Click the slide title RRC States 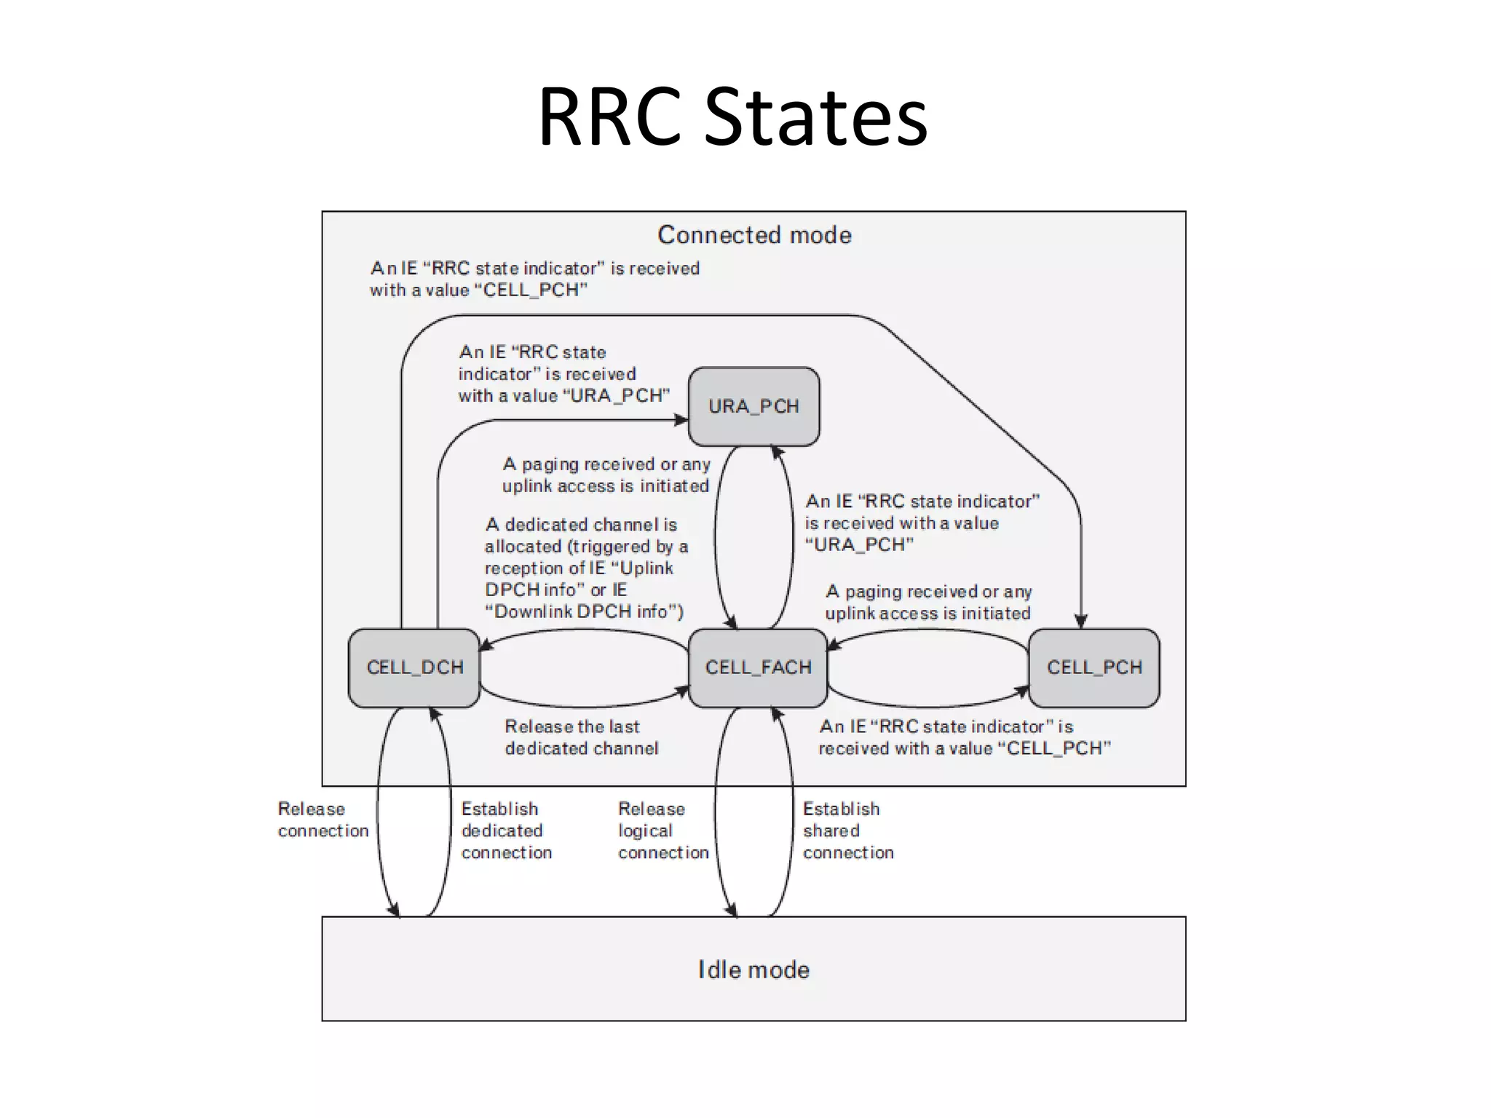[x=732, y=116]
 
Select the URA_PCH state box [x=754, y=406]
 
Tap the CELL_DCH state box [x=414, y=667]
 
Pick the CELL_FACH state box [x=758, y=667]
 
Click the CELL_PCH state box [x=1093, y=667]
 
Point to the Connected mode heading [x=754, y=235]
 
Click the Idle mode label [x=754, y=970]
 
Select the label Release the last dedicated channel [x=581, y=737]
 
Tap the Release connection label [x=323, y=820]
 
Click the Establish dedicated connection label [x=506, y=830]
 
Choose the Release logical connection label [x=663, y=830]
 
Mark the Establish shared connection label [x=847, y=830]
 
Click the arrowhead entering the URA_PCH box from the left [x=683, y=420]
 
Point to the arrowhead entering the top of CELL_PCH [x=1081, y=622]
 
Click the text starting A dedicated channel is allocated [x=585, y=568]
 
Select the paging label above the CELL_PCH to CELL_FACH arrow [x=928, y=602]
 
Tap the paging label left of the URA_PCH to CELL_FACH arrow [x=606, y=475]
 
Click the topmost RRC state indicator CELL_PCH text [x=534, y=279]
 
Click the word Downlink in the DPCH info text [x=532, y=611]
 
